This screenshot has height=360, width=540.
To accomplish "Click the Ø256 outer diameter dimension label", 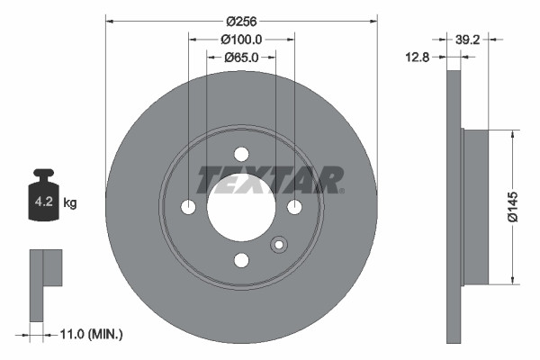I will tap(241, 21).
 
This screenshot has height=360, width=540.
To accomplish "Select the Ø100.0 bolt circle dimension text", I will tap(241, 39).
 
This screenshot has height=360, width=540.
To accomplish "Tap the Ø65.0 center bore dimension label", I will tap(241, 57).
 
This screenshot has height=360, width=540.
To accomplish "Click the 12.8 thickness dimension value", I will tap(417, 57).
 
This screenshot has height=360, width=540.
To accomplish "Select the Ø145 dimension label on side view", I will tap(513, 205).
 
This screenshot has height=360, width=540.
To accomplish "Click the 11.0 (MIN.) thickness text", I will tap(90, 334).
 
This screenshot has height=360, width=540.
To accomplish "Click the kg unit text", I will tap(70, 203).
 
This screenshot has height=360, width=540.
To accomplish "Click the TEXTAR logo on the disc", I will tap(269, 179).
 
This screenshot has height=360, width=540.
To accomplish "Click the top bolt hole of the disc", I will tap(241, 154).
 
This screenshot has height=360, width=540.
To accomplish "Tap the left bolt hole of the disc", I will tap(188, 207).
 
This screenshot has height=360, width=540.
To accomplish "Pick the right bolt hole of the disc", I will tap(293, 207).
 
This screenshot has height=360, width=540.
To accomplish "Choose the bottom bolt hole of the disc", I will tap(241, 260).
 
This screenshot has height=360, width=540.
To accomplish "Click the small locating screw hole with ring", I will tap(278, 244).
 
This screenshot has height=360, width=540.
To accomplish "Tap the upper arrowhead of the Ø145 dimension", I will tap(513, 134).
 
